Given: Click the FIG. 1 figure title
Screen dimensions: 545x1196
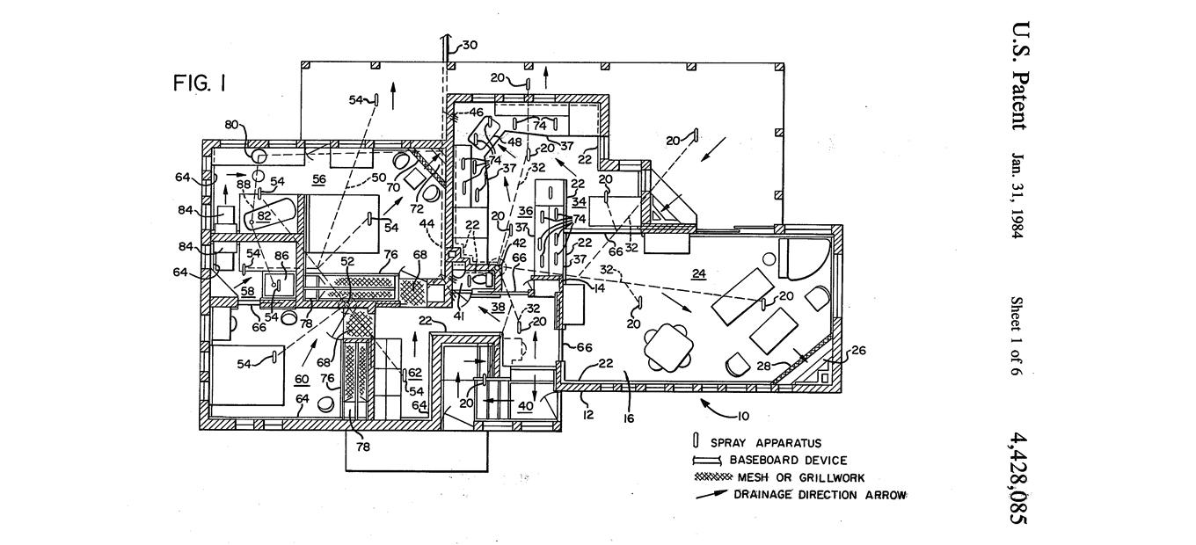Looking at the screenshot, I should [200, 84].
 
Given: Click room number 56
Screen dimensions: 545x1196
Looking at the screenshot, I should [318, 178].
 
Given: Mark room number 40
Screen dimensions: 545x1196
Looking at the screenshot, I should [524, 405].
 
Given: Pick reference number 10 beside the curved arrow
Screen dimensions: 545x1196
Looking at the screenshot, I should [744, 414].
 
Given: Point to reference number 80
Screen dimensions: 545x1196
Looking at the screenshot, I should [230, 125].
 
